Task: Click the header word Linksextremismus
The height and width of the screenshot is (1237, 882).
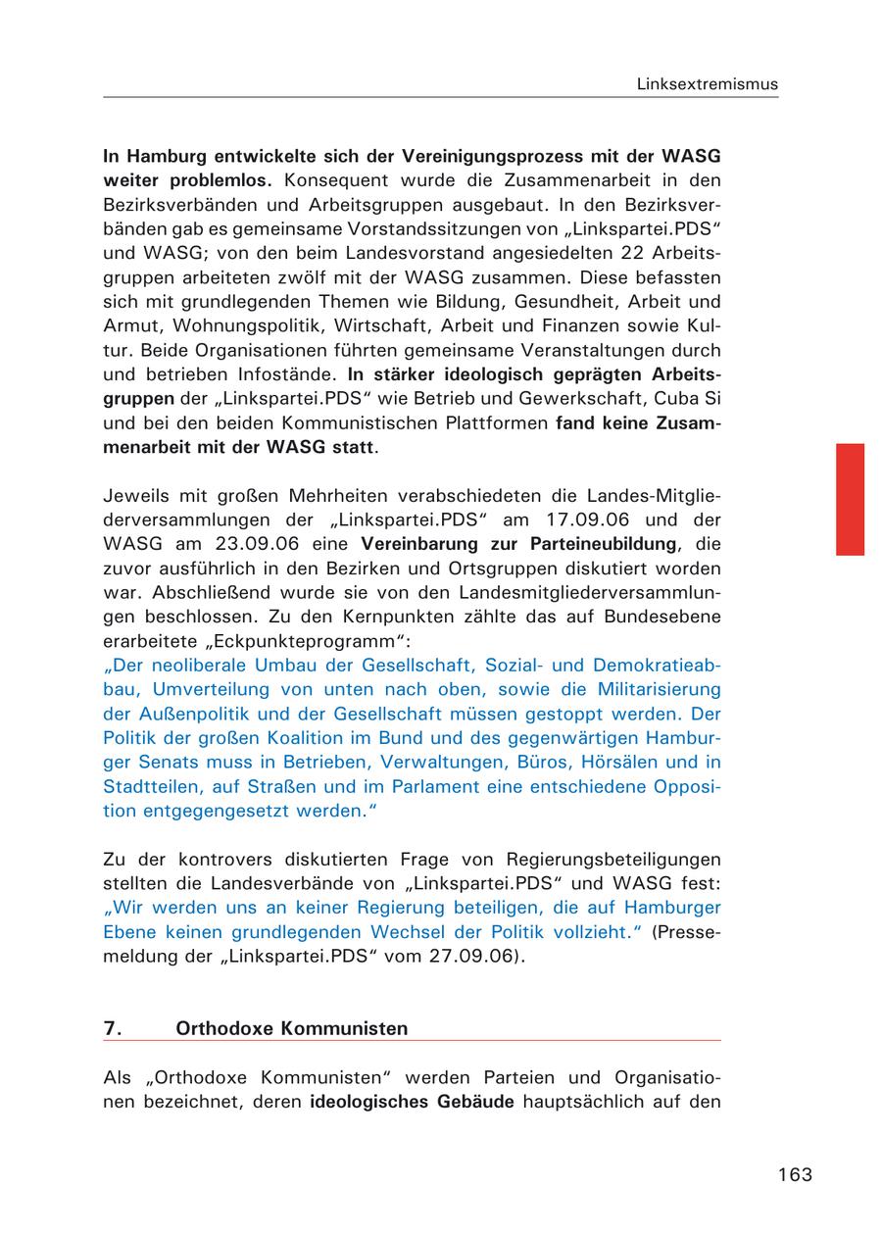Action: click(x=707, y=83)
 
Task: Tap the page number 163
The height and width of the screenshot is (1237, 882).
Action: click(x=795, y=1174)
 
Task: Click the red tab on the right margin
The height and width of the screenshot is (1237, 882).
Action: click(x=850, y=499)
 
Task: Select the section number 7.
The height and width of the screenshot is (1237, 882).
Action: click(x=112, y=1028)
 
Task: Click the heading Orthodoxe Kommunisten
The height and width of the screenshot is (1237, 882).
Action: click(x=291, y=1028)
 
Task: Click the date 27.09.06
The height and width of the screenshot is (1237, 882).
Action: click(x=471, y=956)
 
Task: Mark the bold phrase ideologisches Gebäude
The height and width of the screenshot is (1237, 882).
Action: click(x=412, y=1102)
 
